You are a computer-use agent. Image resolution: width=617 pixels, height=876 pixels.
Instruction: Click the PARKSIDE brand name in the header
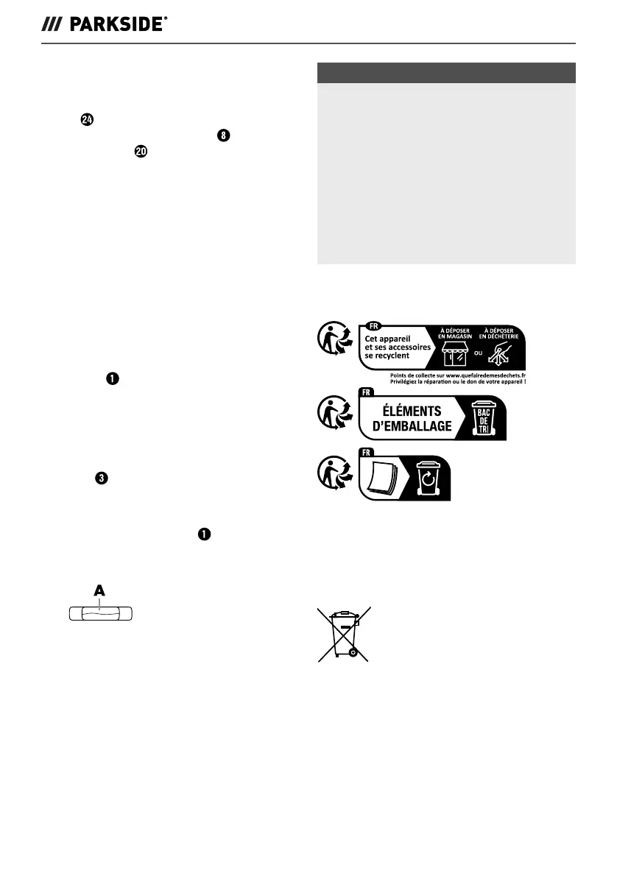pos(118,24)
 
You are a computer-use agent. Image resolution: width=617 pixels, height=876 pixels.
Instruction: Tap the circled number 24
pos(87,121)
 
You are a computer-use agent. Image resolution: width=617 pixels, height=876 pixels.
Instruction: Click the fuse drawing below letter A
pos(99,614)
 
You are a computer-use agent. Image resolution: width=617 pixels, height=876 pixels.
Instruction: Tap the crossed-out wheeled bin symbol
pos(342,632)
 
